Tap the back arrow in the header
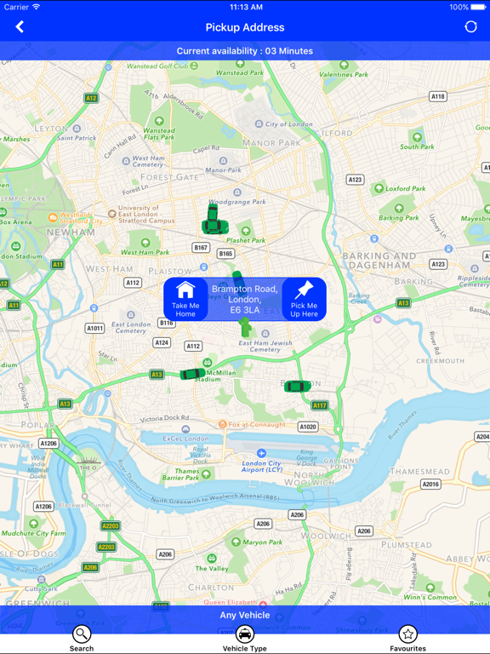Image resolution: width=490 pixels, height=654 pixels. tap(20, 27)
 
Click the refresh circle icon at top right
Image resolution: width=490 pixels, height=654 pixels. tap(470, 27)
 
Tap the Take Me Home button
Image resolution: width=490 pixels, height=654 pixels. tap(185, 299)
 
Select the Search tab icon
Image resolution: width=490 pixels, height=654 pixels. tap(82, 635)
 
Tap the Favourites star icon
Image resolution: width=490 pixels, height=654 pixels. tap(408, 635)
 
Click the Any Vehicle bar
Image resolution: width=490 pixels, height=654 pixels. tap(245, 615)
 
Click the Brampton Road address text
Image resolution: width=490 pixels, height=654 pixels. tap(245, 300)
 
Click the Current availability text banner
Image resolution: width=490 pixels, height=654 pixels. tap(245, 51)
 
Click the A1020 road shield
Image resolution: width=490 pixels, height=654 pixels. tap(308, 427)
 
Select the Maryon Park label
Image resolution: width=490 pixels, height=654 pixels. tap(262, 542)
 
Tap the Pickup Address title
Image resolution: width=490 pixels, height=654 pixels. tap(245, 27)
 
